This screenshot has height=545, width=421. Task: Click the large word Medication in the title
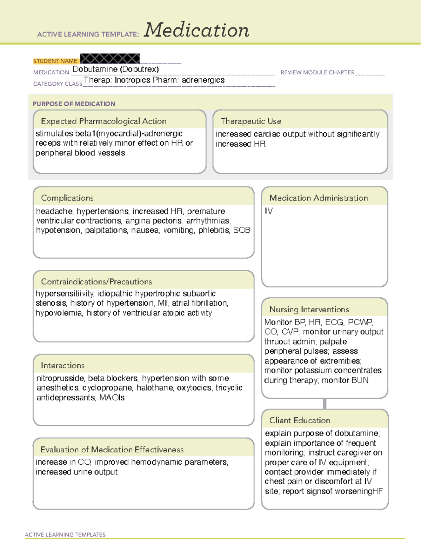196,30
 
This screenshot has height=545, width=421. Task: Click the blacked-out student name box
110,59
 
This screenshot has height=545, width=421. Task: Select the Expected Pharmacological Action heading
103,121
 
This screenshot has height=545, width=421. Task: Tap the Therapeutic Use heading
250,121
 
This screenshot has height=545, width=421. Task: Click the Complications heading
67,198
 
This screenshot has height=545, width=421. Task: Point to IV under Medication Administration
268,211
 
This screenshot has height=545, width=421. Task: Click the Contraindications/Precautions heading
96,281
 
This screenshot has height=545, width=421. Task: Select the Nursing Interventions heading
309,309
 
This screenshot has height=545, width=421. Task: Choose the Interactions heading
62,365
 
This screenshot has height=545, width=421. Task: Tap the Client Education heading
300,420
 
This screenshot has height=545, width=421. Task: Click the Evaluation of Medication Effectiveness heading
112,450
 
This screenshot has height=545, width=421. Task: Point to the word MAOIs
112,398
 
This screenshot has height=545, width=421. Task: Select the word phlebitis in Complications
214,230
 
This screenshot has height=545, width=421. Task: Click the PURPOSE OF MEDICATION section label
74,104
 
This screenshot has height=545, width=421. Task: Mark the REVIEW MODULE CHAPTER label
317,72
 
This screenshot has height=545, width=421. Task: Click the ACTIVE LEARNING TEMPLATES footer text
65,534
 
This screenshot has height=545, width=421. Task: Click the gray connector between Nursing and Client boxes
325,404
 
